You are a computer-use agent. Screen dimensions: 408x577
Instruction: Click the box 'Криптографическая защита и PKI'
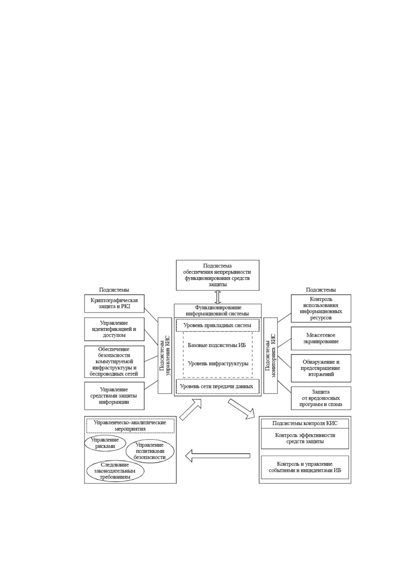pos(114,304)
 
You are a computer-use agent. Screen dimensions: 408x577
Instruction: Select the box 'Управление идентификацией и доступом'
pos(114,329)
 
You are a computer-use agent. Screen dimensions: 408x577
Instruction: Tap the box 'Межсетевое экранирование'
pos(321,338)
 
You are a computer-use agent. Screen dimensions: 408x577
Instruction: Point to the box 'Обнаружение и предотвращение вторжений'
pos(321,368)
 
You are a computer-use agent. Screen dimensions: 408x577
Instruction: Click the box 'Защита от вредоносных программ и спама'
pos(321,398)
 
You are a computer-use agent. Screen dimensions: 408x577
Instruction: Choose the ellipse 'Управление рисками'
pos(105,443)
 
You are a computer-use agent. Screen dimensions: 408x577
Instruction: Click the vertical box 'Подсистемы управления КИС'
pos(165,355)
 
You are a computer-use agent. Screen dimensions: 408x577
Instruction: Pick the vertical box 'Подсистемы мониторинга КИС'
pos(270,355)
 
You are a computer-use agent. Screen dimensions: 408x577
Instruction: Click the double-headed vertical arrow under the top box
pos(218,297)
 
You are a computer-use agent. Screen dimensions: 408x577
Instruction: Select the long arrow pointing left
pos(218,456)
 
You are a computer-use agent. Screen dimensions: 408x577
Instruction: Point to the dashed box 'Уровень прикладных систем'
pos(218,326)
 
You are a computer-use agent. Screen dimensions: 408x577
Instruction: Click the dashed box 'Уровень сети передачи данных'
pos(218,386)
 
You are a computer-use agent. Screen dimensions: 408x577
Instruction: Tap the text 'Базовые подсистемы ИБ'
pos(217,345)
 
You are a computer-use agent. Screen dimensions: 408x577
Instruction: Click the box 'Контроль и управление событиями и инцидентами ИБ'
pos(305,467)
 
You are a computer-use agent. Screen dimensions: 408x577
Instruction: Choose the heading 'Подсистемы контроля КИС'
pos(305,423)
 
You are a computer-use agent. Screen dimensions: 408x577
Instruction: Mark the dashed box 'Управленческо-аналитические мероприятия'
pos(130,426)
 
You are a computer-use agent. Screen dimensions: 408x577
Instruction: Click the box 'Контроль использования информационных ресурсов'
pos(321,308)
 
